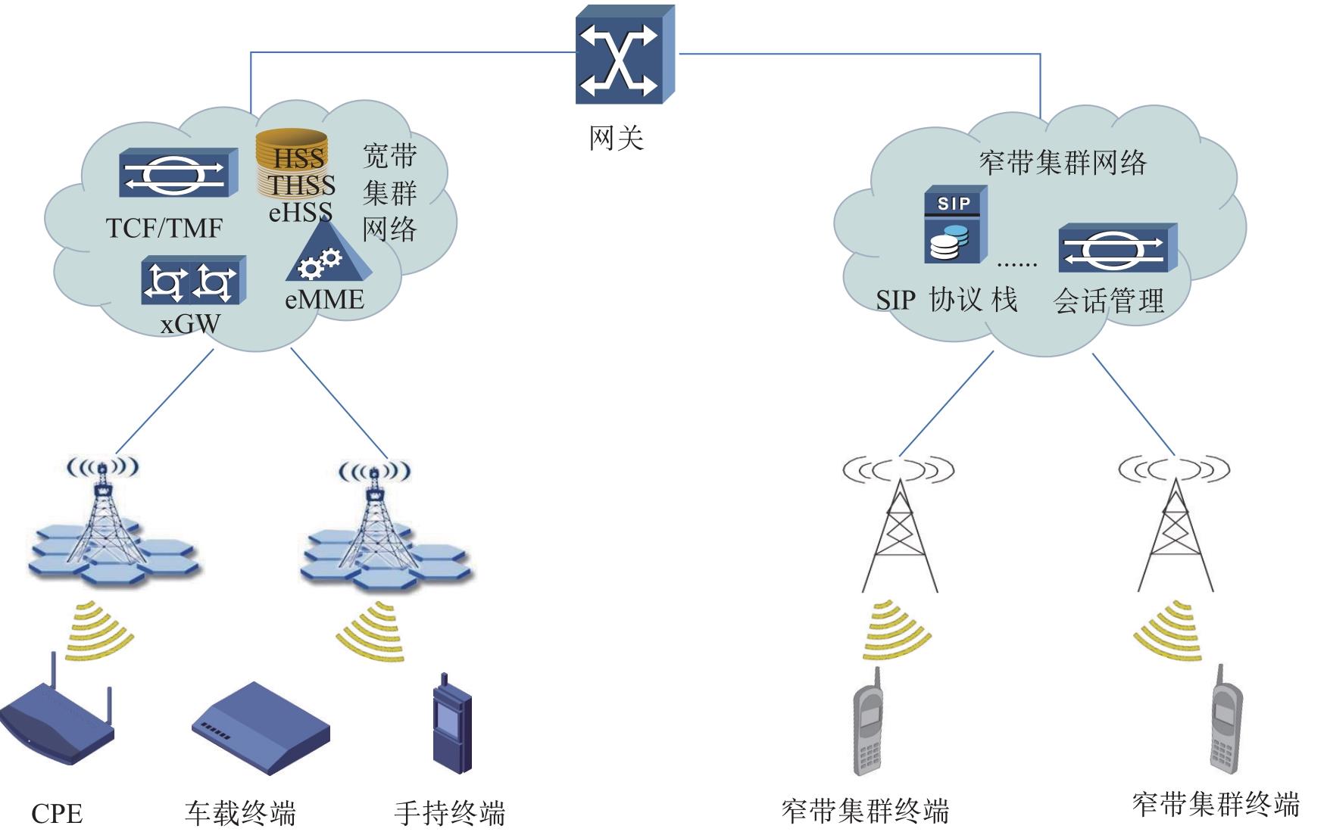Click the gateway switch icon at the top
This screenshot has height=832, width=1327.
(x=624, y=55)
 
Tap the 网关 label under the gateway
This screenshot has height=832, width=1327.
(x=616, y=139)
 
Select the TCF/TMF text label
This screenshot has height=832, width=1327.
(x=164, y=228)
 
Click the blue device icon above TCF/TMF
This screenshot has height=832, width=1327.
(x=178, y=173)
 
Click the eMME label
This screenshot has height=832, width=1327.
(x=324, y=300)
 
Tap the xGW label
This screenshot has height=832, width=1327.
(x=190, y=324)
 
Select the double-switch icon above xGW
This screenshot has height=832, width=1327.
(x=193, y=281)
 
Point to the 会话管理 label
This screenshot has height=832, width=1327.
(x=1108, y=301)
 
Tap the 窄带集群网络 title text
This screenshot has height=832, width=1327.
(x=1063, y=163)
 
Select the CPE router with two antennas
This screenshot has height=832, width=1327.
(x=57, y=719)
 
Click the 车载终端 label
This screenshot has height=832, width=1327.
(x=240, y=813)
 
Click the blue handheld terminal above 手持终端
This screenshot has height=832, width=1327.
(x=451, y=724)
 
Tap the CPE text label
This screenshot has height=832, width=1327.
(x=57, y=814)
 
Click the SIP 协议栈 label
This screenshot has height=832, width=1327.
(x=946, y=301)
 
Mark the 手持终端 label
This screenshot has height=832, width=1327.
(x=449, y=813)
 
